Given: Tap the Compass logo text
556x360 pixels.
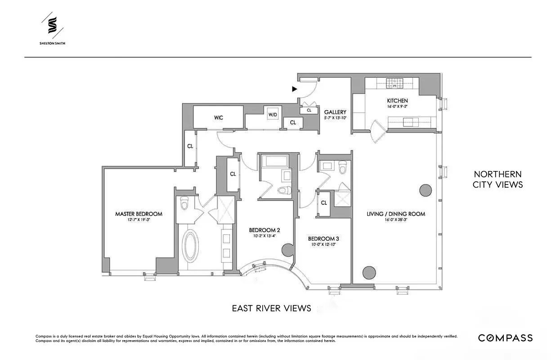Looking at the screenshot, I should click(x=505, y=338).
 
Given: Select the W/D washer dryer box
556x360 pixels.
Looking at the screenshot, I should click(x=273, y=115).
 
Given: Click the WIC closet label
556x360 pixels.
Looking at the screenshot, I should click(x=219, y=118).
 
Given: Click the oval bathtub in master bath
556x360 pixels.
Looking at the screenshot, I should click(x=190, y=246).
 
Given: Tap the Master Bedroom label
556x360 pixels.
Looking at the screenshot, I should click(x=139, y=214).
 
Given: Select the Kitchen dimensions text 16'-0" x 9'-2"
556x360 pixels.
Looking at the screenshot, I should click(x=398, y=107).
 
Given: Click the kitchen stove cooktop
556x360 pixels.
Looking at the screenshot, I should click(x=395, y=83).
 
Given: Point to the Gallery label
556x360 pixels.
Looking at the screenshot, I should click(x=335, y=112).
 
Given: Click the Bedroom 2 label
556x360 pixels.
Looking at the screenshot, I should click(x=261, y=230).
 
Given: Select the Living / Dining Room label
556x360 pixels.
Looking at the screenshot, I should click(x=396, y=214).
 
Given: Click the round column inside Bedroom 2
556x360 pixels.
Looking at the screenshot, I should click(x=287, y=250).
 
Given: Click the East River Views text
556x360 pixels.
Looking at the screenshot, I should click(x=271, y=308).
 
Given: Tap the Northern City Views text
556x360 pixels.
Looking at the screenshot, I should click(x=498, y=179).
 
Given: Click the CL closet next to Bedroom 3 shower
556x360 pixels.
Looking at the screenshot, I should click(x=324, y=203).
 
